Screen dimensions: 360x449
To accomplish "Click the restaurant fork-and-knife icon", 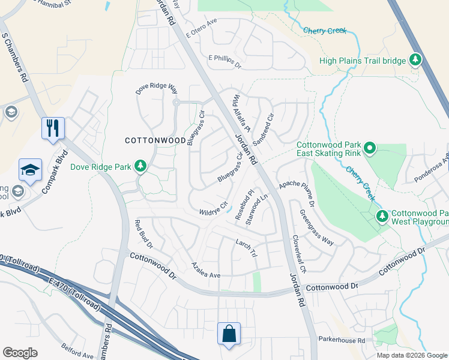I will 53,128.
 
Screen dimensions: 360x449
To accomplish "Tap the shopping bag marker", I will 229,334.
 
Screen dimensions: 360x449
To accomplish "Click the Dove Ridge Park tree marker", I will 140,165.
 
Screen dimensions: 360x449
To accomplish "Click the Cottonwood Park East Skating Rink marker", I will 370,147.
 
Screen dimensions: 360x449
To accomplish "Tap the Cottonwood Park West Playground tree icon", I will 381,215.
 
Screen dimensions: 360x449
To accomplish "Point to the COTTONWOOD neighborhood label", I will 155,140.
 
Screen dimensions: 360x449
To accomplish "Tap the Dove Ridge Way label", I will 157,89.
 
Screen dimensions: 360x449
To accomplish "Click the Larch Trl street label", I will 247,247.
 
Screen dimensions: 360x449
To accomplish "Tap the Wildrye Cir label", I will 214,209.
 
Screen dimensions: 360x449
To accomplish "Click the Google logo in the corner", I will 20,353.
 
